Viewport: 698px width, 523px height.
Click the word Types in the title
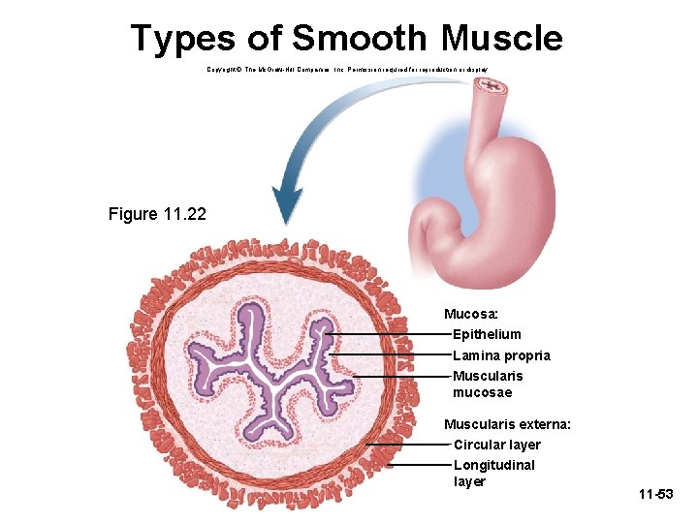click(x=182, y=39)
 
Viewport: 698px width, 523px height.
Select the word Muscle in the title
click(x=501, y=39)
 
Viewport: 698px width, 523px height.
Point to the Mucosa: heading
click(x=472, y=314)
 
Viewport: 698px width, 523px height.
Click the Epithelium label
click(x=487, y=334)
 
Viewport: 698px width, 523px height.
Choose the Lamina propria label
click(x=501, y=355)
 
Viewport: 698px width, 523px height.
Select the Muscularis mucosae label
click(x=488, y=384)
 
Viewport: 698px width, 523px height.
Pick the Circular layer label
click(x=497, y=445)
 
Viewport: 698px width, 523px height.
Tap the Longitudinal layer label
click(x=493, y=473)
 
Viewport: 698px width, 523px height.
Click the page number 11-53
click(x=655, y=495)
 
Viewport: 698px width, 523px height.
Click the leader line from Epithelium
click(x=388, y=334)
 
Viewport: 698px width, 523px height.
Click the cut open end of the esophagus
click(x=491, y=88)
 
